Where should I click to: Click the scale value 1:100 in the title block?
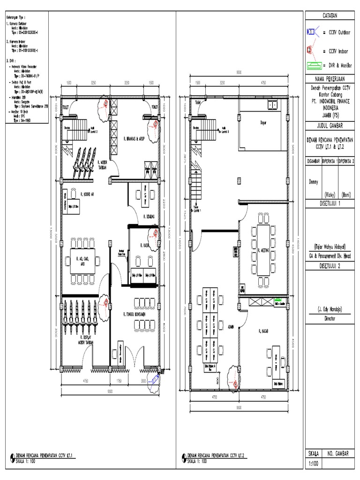tap(313, 464)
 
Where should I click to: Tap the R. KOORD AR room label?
tap(88, 193)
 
